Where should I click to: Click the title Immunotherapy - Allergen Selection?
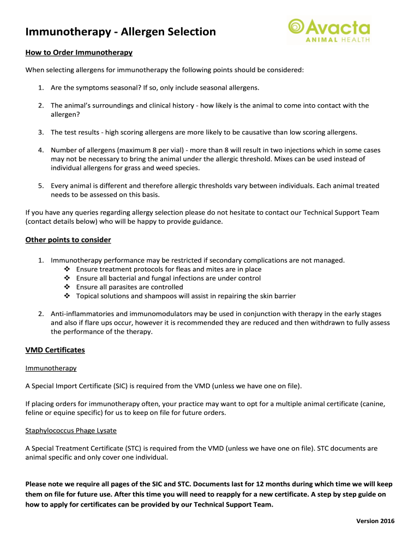coord(121,32)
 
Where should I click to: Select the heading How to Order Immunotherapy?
coord(79,53)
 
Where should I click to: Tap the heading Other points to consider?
coord(68,240)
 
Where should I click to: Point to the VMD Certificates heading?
coord(55,350)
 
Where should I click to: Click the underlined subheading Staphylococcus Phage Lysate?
coord(71,430)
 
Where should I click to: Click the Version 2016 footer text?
coord(375,521)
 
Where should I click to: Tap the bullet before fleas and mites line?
coord(67,269)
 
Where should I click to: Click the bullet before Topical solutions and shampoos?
coord(67,296)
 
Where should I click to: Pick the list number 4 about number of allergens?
coord(41,150)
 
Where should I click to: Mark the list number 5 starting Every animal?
coord(41,186)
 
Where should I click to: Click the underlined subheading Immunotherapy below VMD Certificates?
coord(51,368)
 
